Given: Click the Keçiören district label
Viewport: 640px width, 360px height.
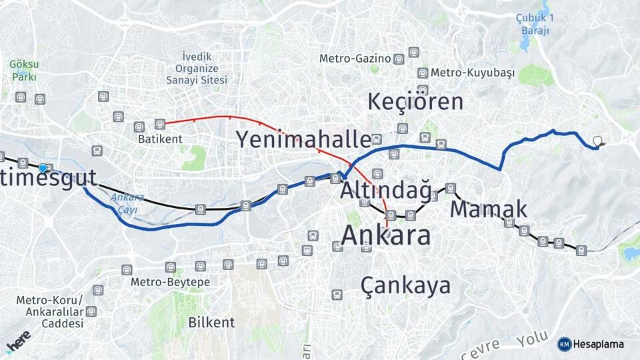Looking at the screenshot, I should pyautogui.click(x=415, y=102).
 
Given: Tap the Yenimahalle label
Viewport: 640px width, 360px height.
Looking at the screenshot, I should pyautogui.click(x=303, y=140).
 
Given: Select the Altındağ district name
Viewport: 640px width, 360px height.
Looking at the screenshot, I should pyautogui.click(x=385, y=190).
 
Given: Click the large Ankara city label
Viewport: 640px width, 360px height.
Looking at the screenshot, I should pyautogui.click(x=385, y=235).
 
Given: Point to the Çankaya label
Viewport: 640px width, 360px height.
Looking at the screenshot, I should pyautogui.click(x=405, y=285).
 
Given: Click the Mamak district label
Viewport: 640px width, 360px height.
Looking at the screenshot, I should pyautogui.click(x=488, y=209).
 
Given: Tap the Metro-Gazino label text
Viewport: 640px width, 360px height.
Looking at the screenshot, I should pyautogui.click(x=355, y=59).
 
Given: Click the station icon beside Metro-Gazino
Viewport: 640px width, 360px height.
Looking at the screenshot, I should pyautogui.click(x=399, y=59).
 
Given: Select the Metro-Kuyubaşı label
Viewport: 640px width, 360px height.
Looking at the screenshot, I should pyautogui.click(x=473, y=73).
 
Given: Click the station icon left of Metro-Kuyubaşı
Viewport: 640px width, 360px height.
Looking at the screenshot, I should pyautogui.click(x=423, y=73).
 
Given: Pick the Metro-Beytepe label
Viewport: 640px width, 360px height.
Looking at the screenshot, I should pyautogui.click(x=170, y=282).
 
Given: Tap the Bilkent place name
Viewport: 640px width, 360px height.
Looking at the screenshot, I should pyautogui.click(x=211, y=323).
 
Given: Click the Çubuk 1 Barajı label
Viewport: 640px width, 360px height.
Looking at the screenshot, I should pyautogui.click(x=535, y=24).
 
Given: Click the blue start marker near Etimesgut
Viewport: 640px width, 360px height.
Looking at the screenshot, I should pyautogui.click(x=43, y=168).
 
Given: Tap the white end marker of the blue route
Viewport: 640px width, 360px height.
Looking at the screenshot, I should pyautogui.click(x=598, y=141).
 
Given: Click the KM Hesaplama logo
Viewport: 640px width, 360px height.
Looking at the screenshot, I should pyautogui.click(x=591, y=344).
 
